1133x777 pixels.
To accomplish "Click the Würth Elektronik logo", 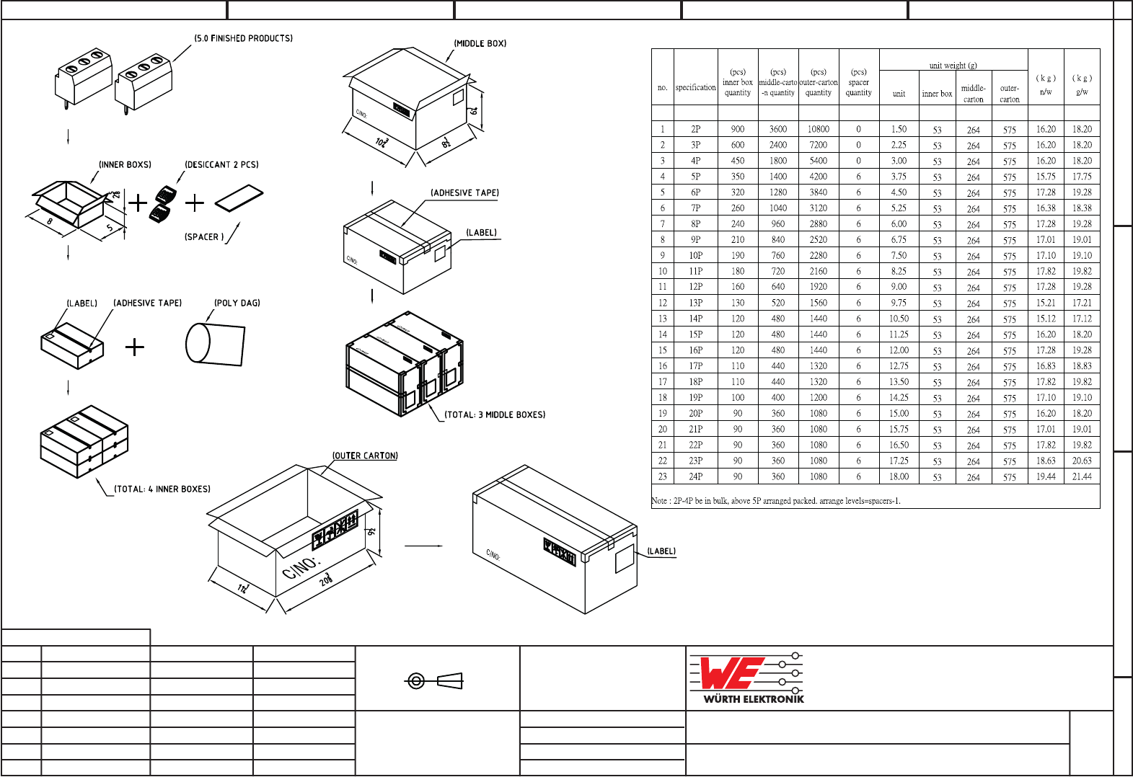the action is tap(746, 678).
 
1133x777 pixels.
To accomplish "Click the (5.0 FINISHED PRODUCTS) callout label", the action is tap(243, 38).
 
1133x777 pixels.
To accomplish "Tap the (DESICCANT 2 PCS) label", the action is tap(221, 165).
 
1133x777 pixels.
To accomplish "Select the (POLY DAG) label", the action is tap(237, 303).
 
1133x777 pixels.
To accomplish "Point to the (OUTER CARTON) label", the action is tap(365, 456).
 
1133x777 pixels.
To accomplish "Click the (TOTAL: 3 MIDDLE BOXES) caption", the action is tap(495, 414).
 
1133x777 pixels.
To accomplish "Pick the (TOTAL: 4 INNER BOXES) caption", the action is tap(162, 489).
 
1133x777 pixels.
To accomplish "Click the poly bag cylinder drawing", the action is tap(216, 345).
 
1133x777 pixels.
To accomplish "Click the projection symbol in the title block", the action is tap(434, 681).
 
